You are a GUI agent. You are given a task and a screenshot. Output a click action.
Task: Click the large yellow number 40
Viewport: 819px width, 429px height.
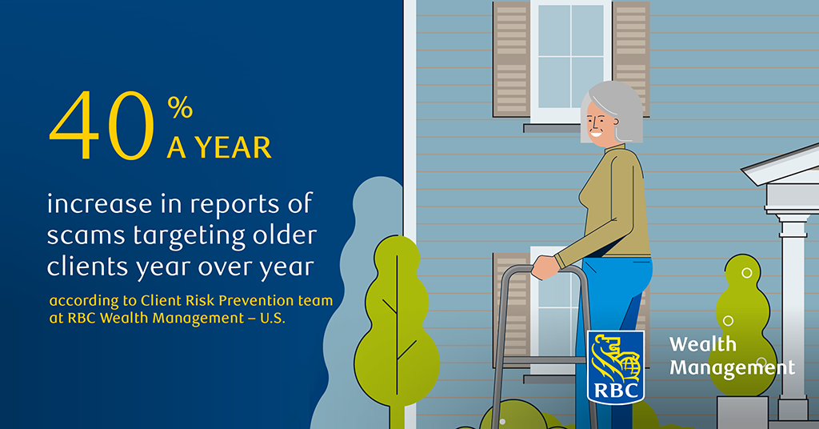102,126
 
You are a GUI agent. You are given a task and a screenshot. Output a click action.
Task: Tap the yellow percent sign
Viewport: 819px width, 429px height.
180,107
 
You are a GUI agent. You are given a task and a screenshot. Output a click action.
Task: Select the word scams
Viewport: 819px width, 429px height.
86,236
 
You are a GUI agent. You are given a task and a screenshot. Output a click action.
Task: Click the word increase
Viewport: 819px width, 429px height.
99,203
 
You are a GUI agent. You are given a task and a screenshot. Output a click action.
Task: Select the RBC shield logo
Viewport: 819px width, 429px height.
616,367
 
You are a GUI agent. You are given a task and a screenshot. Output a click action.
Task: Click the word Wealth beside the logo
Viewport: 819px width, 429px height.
703,344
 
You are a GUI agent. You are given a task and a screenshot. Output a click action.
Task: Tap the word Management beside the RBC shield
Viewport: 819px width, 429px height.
733,368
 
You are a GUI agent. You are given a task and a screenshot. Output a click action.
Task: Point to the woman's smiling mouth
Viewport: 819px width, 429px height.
595,134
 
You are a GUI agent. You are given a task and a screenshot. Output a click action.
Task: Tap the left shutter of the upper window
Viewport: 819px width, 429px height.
512,59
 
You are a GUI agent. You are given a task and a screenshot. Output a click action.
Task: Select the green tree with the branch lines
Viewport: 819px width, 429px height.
396,329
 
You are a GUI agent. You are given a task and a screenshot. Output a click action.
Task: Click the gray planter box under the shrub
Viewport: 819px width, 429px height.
742,412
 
